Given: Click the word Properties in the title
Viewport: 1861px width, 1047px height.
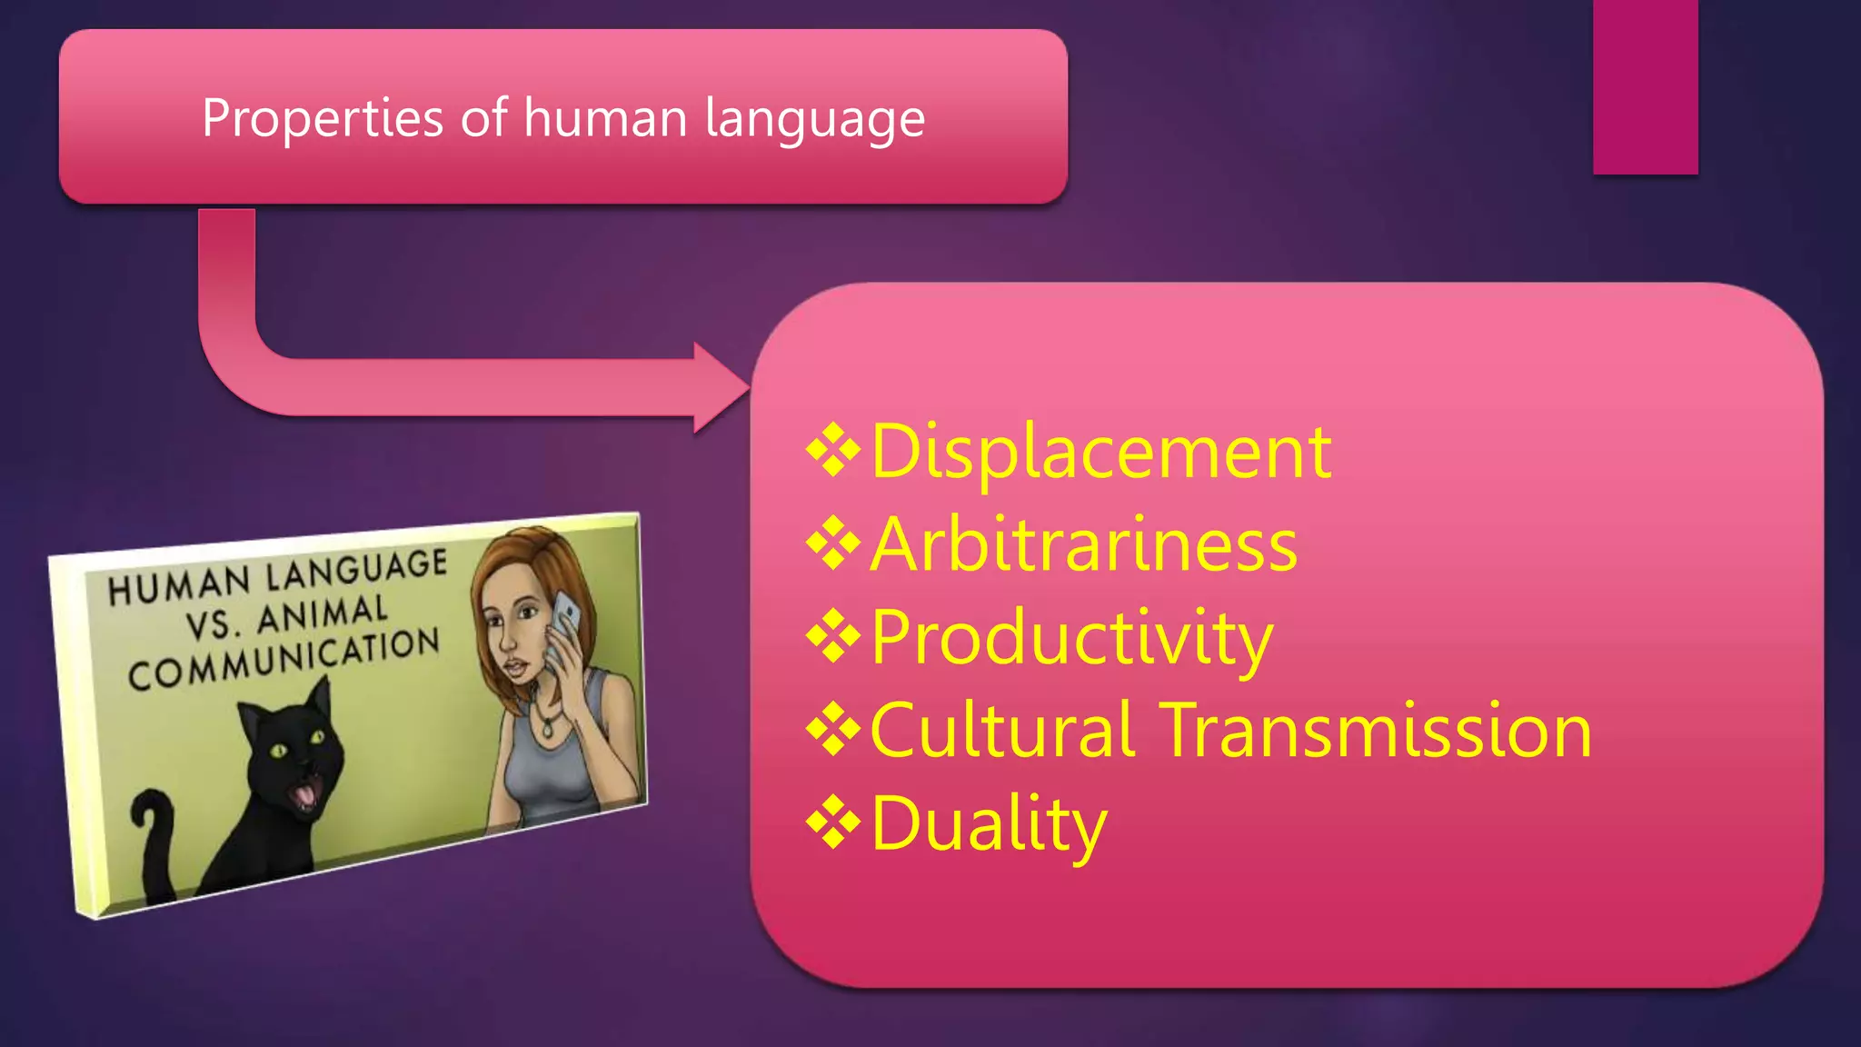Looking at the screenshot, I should pyautogui.click(x=323, y=119).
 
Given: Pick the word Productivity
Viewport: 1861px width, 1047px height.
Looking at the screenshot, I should pyautogui.click(x=1071, y=638).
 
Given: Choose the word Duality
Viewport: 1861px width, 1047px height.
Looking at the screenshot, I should pyautogui.click(x=989, y=823).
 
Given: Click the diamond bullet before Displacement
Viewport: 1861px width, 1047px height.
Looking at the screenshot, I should pyautogui.click(x=833, y=451).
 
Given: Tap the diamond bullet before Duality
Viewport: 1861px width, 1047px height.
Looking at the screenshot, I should pyautogui.click(x=833, y=823).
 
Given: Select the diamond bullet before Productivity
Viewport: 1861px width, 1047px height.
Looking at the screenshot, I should pyautogui.click(x=833, y=637).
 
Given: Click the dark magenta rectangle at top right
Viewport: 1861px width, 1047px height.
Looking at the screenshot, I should pyautogui.click(x=1645, y=87).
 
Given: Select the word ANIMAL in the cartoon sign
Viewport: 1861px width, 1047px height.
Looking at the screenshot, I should pyautogui.click(x=323, y=616).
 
